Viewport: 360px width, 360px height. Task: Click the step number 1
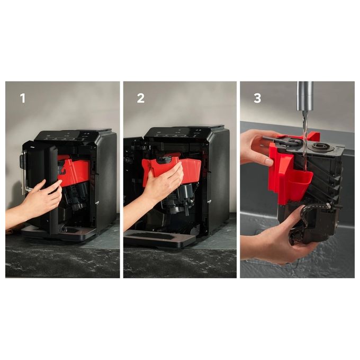click(x=22, y=98)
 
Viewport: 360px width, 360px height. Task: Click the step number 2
click(x=140, y=98)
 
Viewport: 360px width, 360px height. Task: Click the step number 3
click(x=257, y=98)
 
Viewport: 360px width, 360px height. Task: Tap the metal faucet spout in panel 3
click(x=305, y=96)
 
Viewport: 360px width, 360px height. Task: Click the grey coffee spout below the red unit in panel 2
click(x=185, y=197)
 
